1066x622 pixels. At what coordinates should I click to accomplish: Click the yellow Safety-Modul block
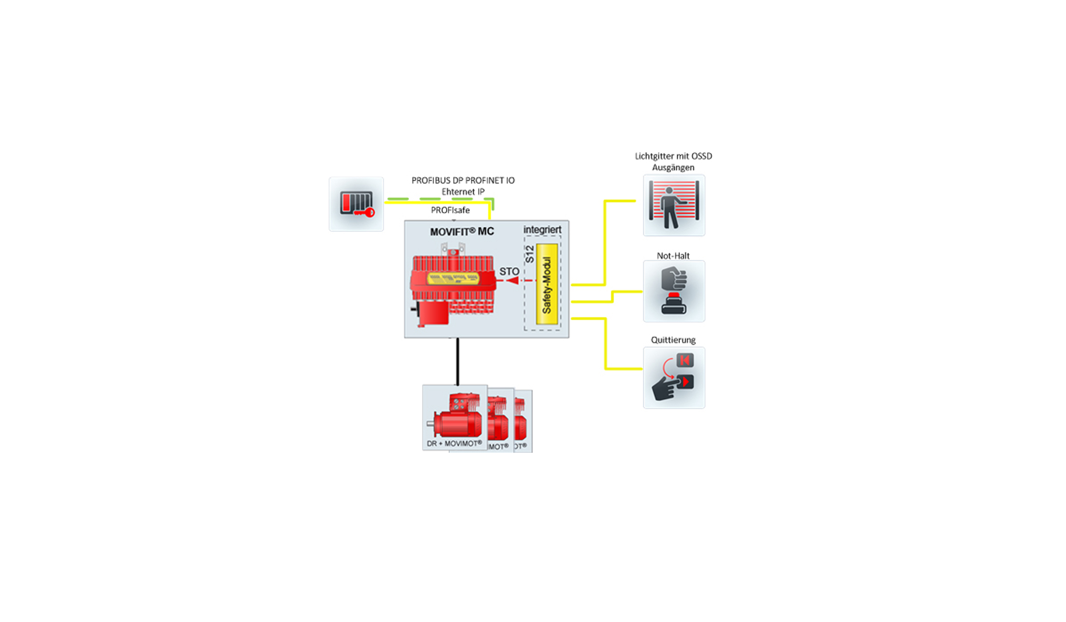click(547, 284)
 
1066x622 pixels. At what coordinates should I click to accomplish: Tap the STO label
click(509, 271)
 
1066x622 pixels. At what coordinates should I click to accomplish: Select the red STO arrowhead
click(513, 280)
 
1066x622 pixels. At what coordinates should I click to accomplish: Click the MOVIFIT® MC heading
click(462, 232)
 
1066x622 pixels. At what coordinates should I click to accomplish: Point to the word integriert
click(542, 230)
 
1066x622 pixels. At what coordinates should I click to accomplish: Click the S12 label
click(529, 254)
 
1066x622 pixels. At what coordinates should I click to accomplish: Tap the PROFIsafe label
click(450, 210)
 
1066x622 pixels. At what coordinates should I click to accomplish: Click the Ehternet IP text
click(463, 192)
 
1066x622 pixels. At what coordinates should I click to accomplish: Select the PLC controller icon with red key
click(356, 204)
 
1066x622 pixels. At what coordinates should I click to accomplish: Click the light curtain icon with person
click(674, 205)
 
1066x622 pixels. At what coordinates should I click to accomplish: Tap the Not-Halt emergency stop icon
click(674, 291)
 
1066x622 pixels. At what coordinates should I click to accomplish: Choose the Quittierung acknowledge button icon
click(674, 378)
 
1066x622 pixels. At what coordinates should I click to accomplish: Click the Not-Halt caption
click(673, 256)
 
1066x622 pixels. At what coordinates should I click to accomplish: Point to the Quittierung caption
click(673, 340)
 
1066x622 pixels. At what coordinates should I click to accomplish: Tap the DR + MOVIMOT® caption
click(454, 443)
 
